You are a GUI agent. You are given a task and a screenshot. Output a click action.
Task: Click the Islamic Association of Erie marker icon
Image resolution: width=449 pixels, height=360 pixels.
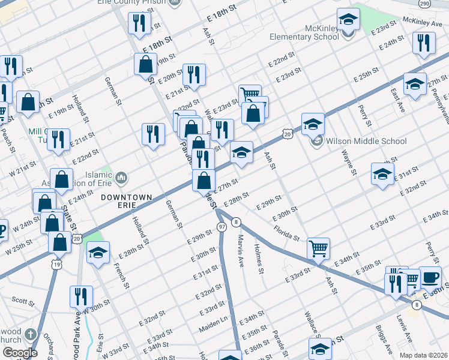coord(121,177)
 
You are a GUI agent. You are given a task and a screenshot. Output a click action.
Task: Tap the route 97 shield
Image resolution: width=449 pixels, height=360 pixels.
coord(222,226)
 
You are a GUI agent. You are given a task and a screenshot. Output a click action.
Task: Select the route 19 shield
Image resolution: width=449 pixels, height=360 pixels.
coord(56,264)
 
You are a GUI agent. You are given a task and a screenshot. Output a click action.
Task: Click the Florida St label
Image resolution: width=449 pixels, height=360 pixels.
coord(287,233)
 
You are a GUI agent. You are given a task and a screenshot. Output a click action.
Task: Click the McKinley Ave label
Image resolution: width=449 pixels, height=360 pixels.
coord(424,22)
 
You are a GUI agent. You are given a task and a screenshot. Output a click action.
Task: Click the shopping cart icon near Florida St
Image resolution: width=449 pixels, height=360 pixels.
coord(318,247)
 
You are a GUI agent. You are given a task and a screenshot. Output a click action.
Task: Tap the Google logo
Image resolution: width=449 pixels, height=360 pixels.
coord(20,353)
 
